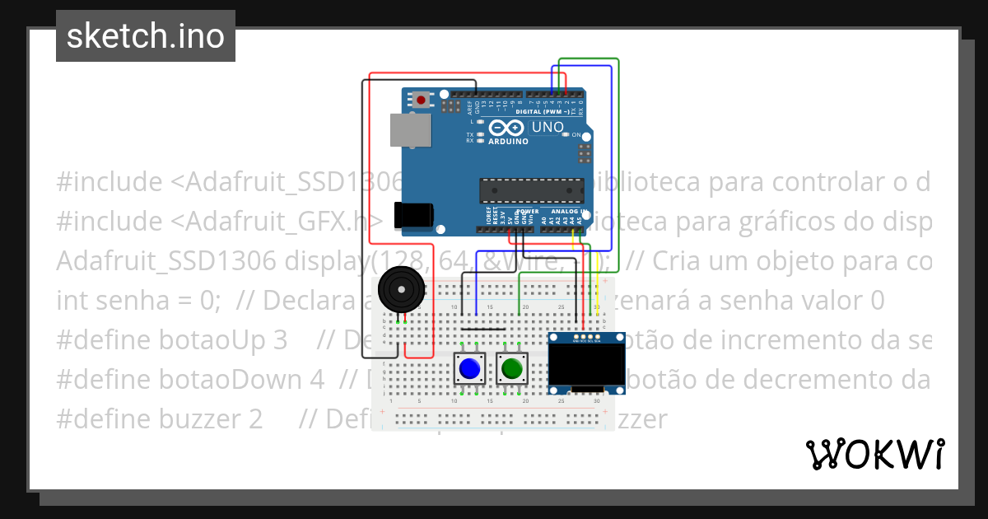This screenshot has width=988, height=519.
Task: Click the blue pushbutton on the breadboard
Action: tap(470, 367)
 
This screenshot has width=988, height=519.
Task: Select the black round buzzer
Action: tap(400, 290)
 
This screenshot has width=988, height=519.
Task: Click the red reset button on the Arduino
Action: tap(422, 101)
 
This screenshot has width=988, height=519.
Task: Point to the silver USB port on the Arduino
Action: tap(410, 130)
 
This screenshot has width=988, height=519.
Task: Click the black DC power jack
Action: tap(413, 214)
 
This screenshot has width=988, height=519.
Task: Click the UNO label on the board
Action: tap(548, 128)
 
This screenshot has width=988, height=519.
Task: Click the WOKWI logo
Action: tap(874, 454)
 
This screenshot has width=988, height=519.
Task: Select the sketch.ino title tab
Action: tap(146, 36)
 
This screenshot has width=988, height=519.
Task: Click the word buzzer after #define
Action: tap(216, 419)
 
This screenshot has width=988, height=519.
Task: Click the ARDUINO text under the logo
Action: tap(509, 141)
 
